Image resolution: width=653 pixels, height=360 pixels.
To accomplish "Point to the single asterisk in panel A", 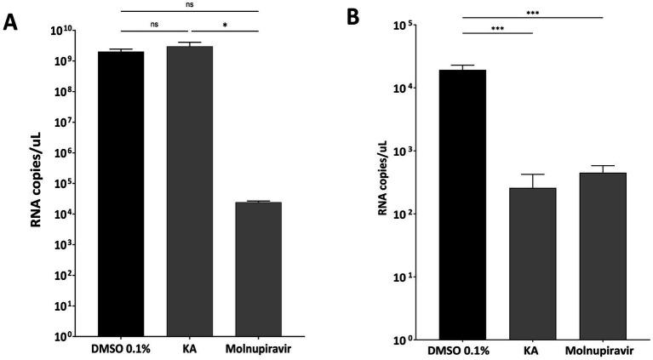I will (224, 26).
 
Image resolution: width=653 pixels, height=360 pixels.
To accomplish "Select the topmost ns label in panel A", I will (188, 5).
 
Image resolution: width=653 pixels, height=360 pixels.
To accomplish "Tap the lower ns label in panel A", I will (154, 26).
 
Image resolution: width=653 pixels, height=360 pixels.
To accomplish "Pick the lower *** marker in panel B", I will (497, 28).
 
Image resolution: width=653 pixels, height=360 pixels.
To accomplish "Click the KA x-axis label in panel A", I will (189, 349).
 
